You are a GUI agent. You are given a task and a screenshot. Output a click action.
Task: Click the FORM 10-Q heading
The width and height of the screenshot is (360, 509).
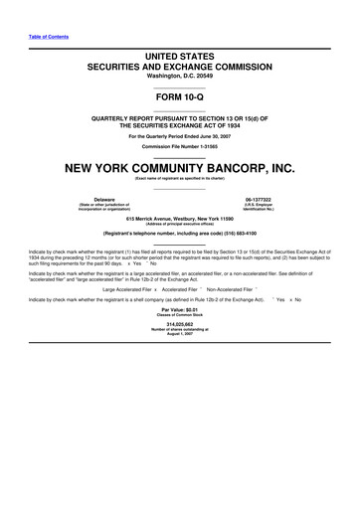(x=180, y=97)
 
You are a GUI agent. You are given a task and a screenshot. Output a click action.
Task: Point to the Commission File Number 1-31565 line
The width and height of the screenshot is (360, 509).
(x=180, y=145)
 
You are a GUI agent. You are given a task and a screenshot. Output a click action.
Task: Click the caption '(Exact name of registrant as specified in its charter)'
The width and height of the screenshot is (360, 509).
(x=180, y=178)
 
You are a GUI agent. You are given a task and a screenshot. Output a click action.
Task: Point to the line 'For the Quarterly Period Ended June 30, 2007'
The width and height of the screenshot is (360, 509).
(x=180, y=135)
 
